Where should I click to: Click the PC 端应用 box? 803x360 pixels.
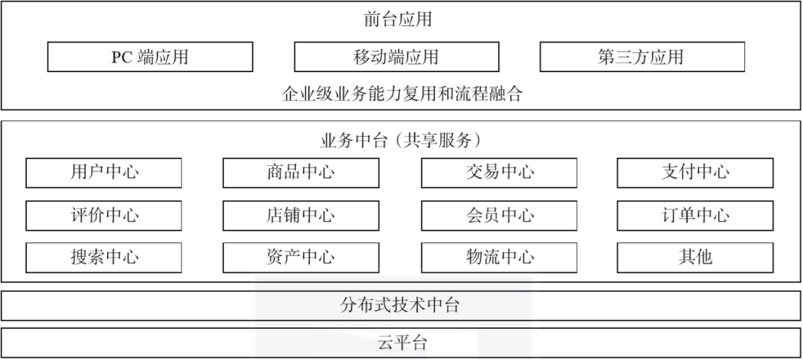pos(149,57)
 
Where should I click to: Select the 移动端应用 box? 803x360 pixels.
pos(396,57)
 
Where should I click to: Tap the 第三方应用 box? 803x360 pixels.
pos(642,57)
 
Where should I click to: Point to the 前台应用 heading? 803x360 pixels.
pos(398,19)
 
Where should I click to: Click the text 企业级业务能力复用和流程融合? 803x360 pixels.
pos(402,94)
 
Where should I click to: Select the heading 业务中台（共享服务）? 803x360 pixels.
pos(402,141)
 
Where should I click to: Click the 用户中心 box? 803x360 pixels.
pos(104,173)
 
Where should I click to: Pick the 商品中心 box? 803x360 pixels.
pos(301,173)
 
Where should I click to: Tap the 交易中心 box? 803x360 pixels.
pos(500,173)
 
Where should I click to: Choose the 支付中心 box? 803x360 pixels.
pos(695,173)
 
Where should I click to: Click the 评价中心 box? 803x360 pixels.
pos(104,216)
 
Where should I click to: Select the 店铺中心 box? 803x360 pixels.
pos(301,216)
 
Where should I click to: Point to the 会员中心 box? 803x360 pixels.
pos(500,216)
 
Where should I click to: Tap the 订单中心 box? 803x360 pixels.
pos(695,216)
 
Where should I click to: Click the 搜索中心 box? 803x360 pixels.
pos(104,257)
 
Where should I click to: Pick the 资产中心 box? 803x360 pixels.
pos(301,257)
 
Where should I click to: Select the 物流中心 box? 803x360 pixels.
pos(500,257)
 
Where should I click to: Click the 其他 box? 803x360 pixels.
pos(695,257)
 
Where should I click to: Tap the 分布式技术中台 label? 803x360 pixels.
pos(401,305)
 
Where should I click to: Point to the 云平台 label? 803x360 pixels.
pos(401,343)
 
